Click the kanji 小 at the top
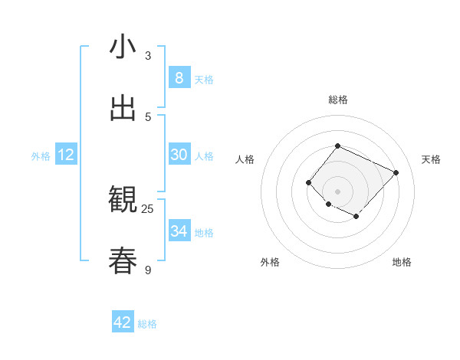coord(123,47)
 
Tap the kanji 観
coord(123,200)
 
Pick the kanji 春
coord(123,260)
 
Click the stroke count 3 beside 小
coord(148,56)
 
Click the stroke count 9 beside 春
coord(148,270)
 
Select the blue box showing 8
coord(179,78)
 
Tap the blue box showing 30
coord(179,155)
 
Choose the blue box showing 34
coord(179,231)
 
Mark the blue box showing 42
coord(123,322)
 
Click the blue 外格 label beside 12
coord(41,156)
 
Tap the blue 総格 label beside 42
coord(147,324)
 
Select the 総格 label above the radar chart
coord(337,100)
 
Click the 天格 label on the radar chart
coord(431,159)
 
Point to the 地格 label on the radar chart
coord(402,262)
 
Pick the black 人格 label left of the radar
coord(245,159)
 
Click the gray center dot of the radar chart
coord(337,191)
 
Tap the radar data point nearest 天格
coord(396,172)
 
